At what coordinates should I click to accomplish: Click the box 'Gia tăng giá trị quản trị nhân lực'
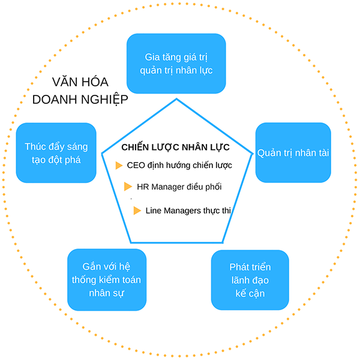tap(176, 63)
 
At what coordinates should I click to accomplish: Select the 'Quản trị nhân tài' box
tap(293, 152)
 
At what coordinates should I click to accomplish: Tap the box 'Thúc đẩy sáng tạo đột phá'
tap(56, 152)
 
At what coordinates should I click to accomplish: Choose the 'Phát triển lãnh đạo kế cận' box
tap(250, 280)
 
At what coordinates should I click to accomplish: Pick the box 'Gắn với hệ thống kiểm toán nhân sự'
tap(106, 280)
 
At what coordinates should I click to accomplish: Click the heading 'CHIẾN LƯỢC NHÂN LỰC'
tap(175, 147)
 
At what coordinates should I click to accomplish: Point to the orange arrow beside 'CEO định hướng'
tap(119, 165)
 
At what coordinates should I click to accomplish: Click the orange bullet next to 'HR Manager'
tap(128, 187)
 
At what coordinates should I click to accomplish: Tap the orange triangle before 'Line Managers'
tap(137, 211)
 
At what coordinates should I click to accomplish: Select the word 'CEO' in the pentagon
tap(136, 165)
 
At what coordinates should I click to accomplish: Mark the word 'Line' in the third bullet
tap(154, 211)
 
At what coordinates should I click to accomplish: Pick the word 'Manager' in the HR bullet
tap(167, 187)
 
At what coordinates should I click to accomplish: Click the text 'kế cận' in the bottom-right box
tap(250, 293)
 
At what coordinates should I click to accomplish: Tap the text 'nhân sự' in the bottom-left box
tap(106, 294)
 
